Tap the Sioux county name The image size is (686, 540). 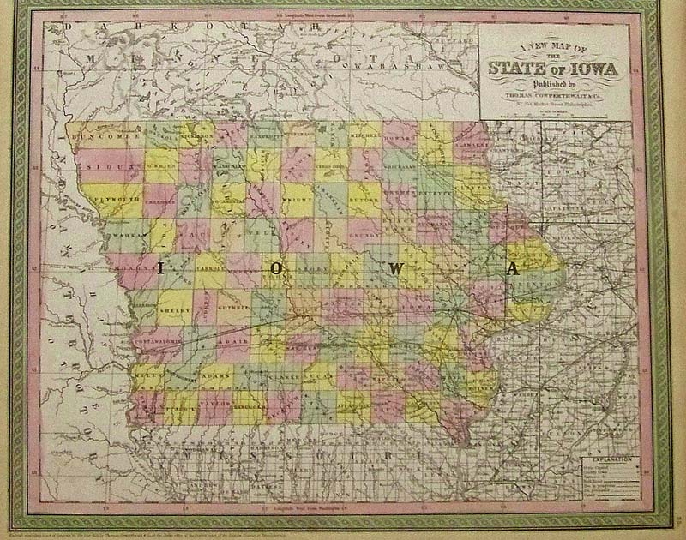coord(109,159)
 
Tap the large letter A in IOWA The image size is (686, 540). coord(512,268)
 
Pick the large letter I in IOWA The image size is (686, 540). coord(159,268)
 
